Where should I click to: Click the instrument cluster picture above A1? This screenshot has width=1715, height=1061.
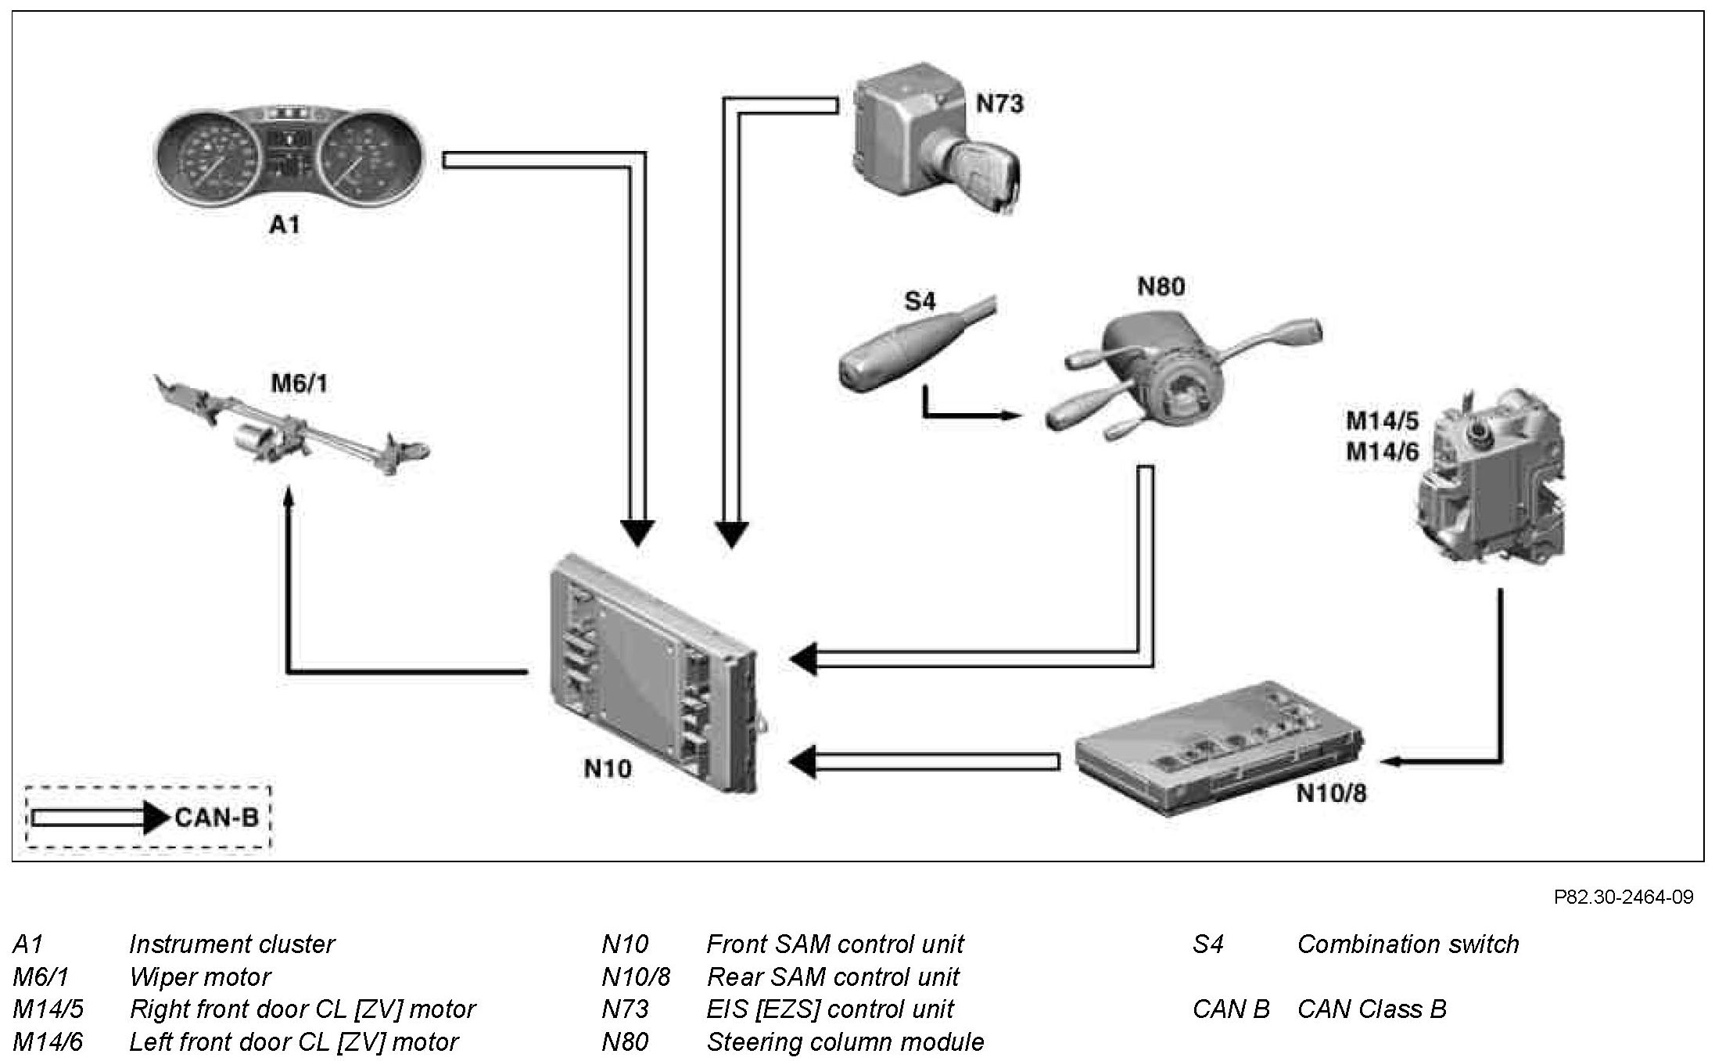[x=286, y=157]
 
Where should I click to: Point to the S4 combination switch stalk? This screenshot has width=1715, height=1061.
[x=915, y=348]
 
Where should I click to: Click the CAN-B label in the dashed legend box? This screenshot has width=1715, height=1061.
[x=217, y=818]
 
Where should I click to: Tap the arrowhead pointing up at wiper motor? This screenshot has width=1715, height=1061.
[x=289, y=495]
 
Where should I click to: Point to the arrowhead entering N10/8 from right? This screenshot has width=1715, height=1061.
[x=1392, y=760]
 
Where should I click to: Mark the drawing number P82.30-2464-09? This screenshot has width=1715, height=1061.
[x=1624, y=897]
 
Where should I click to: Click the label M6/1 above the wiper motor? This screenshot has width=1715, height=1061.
[x=300, y=383]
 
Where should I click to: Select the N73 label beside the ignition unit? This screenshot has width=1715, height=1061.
[x=999, y=103]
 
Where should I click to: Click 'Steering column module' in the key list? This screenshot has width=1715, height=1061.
[x=845, y=1042]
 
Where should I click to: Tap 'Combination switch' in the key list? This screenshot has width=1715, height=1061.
[x=1408, y=944]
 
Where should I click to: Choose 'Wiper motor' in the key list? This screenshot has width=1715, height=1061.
[x=199, y=977]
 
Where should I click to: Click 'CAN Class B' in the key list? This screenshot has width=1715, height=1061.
[x=1372, y=1009]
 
